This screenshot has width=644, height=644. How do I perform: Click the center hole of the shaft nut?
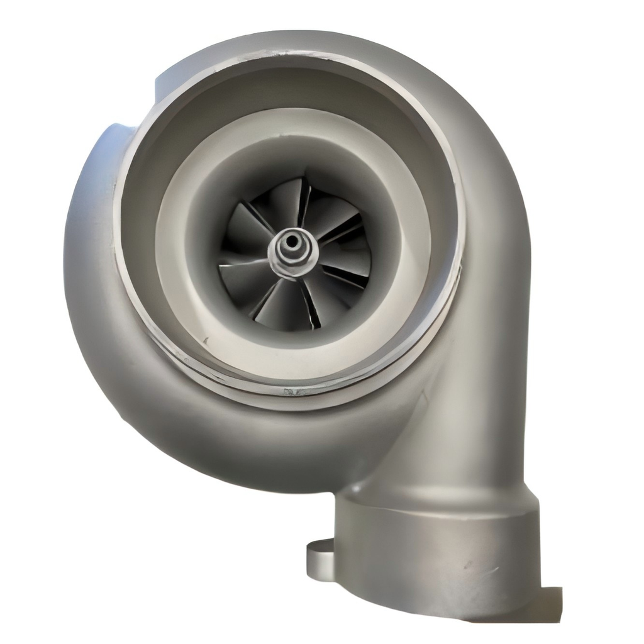coord(292,241)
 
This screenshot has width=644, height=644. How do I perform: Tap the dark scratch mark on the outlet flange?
coord(473,565)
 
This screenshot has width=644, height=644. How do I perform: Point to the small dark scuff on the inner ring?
coord(206,340)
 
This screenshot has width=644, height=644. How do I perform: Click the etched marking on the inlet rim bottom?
coord(292,392)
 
